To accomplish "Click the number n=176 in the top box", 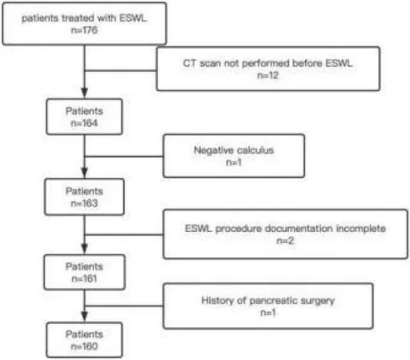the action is click(84, 30).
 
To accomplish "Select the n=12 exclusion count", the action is click(267, 75).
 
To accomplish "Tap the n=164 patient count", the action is click(84, 123).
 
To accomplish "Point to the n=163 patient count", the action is click(84, 203).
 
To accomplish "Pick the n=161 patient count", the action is click(84, 278).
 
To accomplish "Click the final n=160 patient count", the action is click(84, 346).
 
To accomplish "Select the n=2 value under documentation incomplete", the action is click(285, 241).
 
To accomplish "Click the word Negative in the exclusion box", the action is click(214, 150).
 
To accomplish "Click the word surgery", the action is click(318, 302).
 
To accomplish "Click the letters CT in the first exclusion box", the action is click(190, 63).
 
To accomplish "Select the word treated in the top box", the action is click(78, 18).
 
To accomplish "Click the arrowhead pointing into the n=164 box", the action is click(84, 93).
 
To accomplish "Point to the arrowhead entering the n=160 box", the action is click(84, 317).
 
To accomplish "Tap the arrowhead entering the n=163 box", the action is click(84, 173).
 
